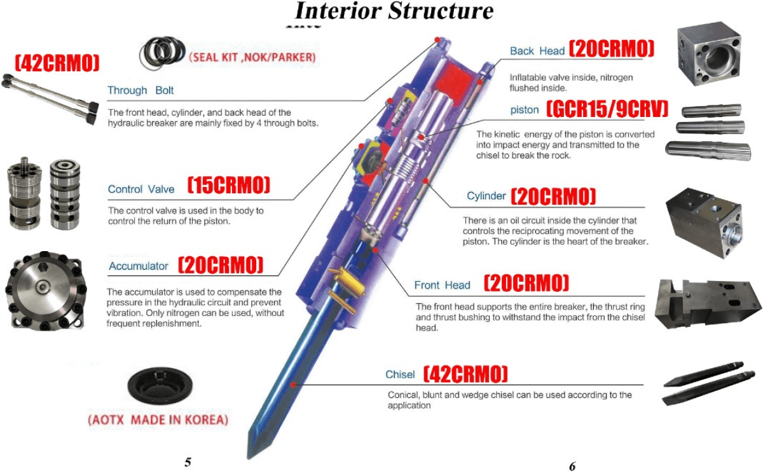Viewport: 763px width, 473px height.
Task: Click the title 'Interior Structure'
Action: [394, 11]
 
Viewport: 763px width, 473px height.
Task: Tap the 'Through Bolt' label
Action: [141, 90]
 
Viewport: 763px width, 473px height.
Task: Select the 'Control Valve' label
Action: [141, 189]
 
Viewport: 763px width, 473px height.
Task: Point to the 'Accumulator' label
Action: [139, 266]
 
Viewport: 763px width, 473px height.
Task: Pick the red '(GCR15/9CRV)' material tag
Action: [608, 109]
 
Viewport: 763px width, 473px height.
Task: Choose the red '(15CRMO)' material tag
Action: [229, 186]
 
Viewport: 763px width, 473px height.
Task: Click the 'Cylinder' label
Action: [486, 196]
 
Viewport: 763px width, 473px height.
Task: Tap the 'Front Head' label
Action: [442, 285]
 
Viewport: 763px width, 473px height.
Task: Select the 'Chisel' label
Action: [400, 374]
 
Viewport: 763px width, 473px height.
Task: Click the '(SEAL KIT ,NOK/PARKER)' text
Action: [252, 57]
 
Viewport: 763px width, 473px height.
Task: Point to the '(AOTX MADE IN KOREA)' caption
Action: [158, 420]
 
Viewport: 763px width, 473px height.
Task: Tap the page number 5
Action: [188, 462]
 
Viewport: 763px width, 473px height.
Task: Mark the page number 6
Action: [572, 466]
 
